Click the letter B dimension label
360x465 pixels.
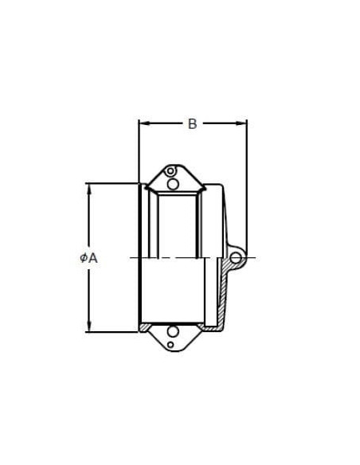tap(193, 123)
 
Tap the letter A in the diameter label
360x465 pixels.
tap(93, 258)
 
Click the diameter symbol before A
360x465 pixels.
tap(84, 258)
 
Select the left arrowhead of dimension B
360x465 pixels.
tap(144, 123)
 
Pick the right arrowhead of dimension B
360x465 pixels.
tap(241, 123)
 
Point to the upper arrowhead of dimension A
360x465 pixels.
tap(88, 189)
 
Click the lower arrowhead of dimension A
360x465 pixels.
tap(88, 326)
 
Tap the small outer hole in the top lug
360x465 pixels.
tap(170, 171)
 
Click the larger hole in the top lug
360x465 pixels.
tap(173, 184)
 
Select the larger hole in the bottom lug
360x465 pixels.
tap(173, 331)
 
